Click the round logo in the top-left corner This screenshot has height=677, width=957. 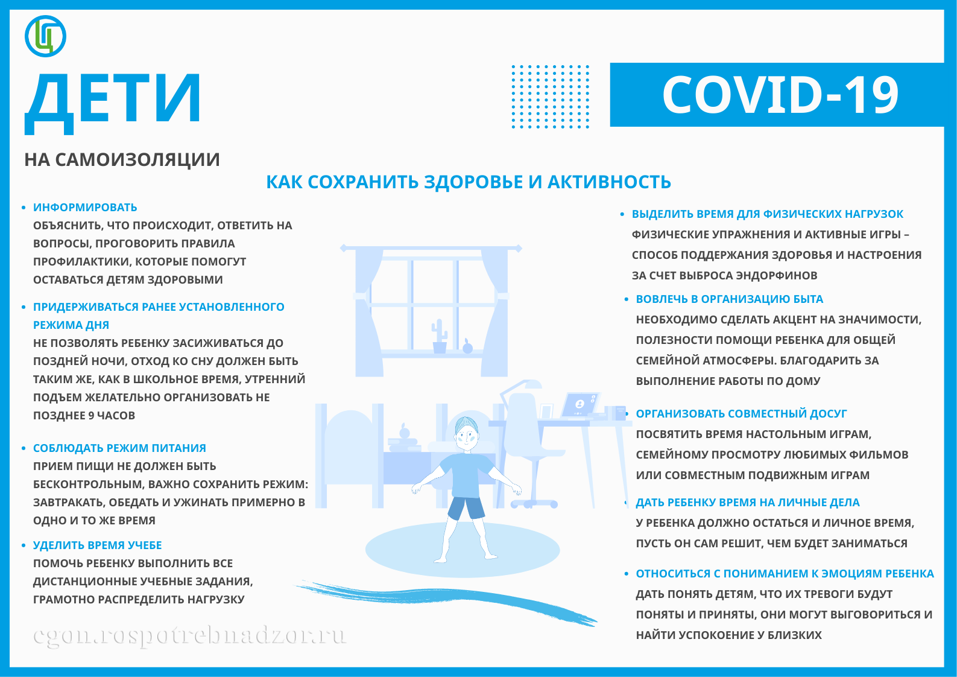pos(45,36)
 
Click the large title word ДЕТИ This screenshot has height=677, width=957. pos(113,100)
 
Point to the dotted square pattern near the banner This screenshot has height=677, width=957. pos(550,97)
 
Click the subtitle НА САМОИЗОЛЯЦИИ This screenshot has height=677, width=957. pos(122,160)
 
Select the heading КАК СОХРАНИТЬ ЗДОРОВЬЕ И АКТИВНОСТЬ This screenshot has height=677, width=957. pos(469,182)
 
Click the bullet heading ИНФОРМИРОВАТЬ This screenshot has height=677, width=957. pos(85,208)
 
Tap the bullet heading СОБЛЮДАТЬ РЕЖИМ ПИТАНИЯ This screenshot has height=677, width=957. pos(119,448)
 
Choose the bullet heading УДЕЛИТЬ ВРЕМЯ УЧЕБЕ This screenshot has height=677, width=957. pos(97,545)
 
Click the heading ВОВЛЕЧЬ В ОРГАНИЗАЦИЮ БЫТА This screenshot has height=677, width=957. pos(729,299)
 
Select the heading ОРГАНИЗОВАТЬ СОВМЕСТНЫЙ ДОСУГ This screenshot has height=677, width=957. pos(741,414)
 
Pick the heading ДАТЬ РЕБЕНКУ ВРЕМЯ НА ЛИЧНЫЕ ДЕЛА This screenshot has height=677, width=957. pos(747,503)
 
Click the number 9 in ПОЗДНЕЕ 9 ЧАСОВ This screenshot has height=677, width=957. pos(91,416)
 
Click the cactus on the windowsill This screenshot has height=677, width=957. pos(440,337)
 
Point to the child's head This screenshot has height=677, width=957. pos(467,431)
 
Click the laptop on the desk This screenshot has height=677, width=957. pos(580,405)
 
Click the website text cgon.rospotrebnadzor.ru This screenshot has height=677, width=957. pos(189,635)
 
